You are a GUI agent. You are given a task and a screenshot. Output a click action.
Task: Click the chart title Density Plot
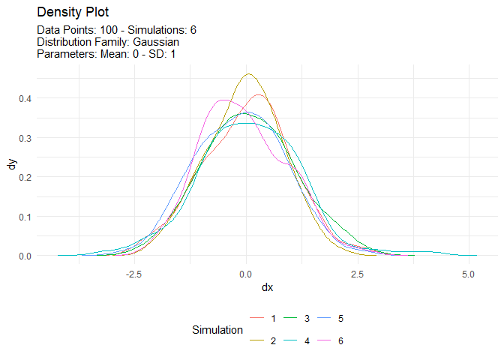[72, 13]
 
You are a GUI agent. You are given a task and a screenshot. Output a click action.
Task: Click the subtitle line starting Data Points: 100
[116, 30]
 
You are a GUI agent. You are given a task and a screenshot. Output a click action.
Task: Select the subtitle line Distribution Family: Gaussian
[108, 42]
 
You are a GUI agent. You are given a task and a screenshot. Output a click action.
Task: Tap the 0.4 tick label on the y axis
[25, 98]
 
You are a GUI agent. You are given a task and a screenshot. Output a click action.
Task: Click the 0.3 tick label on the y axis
[25, 138]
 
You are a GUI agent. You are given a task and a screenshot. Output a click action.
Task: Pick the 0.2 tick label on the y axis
[25, 177]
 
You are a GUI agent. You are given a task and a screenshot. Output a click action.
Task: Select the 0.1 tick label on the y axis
[25, 217]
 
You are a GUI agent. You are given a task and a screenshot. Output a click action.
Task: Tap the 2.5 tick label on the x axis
[358, 274]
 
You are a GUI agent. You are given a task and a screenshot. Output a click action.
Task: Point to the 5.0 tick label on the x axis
[469, 274]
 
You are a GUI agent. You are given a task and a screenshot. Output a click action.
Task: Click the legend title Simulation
[217, 330]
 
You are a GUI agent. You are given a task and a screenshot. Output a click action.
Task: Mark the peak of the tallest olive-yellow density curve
[248, 73]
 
